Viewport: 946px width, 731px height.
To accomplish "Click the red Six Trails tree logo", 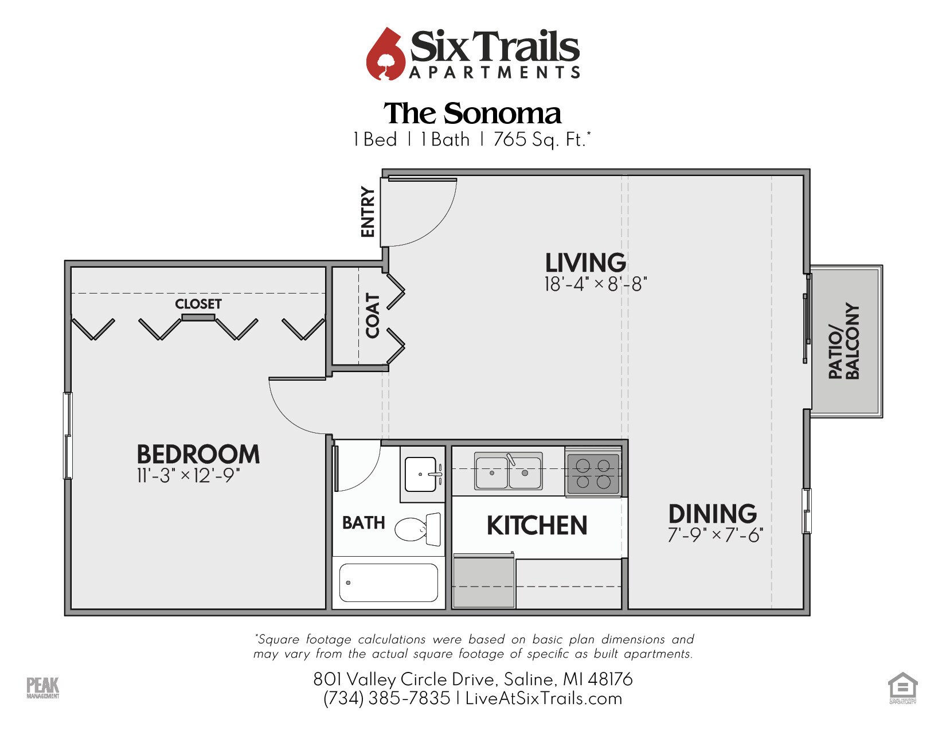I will [x=386, y=54].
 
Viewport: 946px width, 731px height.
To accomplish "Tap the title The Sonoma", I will [x=472, y=114].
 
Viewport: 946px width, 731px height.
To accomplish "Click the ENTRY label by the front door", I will [x=368, y=212].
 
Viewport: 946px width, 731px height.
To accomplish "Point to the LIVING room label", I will [x=585, y=263].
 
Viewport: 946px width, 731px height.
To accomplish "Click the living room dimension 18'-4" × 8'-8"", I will [x=595, y=284].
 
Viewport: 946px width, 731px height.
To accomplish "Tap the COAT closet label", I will [x=373, y=315].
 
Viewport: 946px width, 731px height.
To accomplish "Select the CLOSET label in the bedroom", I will [x=198, y=304].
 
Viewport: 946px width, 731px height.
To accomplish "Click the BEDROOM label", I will [x=198, y=454].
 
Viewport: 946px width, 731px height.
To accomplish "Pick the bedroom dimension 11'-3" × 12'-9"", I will [x=188, y=476].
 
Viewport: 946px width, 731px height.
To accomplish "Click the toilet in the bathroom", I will [x=417, y=529].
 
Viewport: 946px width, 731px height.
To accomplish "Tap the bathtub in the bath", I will [x=388, y=583].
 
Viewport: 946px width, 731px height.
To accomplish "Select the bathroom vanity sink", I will [x=422, y=474].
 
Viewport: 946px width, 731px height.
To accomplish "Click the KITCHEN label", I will [x=537, y=526].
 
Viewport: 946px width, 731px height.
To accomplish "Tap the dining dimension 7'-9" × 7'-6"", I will [x=715, y=535].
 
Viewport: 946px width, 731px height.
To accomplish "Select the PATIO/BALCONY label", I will [x=844, y=341].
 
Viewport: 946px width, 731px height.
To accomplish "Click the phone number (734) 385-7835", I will [x=387, y=698].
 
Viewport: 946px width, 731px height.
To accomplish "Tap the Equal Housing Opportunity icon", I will [x=902, y=686].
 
